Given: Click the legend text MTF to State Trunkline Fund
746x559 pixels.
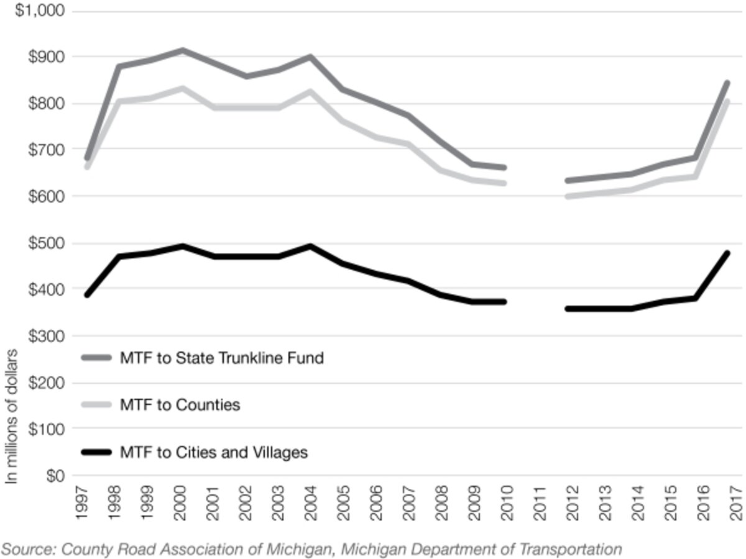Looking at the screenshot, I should pos(221,358).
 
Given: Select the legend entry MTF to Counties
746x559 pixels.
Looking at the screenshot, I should pos(180,405).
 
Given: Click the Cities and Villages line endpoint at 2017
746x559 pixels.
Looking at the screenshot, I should pos(727,253).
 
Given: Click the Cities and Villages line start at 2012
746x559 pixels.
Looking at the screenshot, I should pos(567,308).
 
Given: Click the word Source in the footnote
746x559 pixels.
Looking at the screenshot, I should pos(23,549).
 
